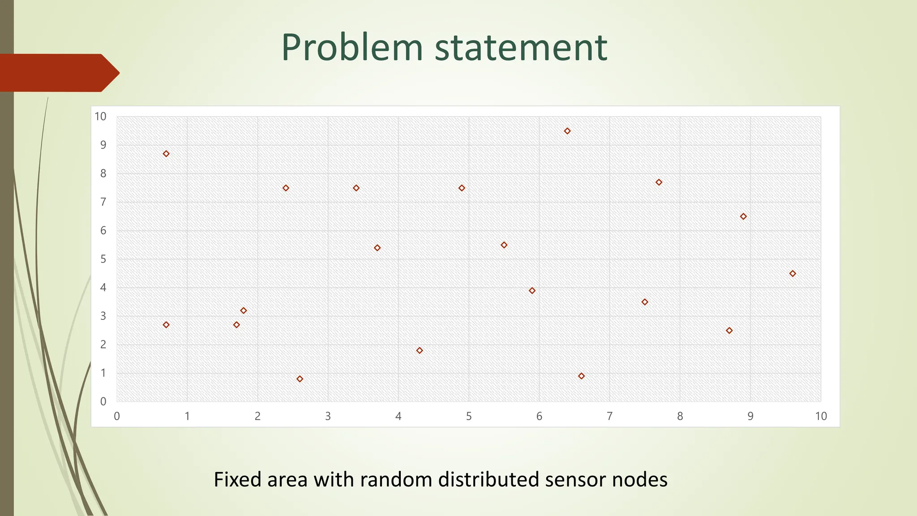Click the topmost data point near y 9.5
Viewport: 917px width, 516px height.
point(567,131)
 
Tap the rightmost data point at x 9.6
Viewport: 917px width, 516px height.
point(793,274)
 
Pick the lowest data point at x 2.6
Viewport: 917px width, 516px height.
point(300,379)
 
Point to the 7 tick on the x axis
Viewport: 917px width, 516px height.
point(609,416)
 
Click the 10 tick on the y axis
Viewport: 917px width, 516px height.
point(101,117)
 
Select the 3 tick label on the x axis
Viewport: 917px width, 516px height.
point(328,416)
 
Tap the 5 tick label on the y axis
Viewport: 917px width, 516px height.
point(103,259)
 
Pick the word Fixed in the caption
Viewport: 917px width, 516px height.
point(238,480)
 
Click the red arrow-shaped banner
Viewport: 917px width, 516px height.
point(58,73)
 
